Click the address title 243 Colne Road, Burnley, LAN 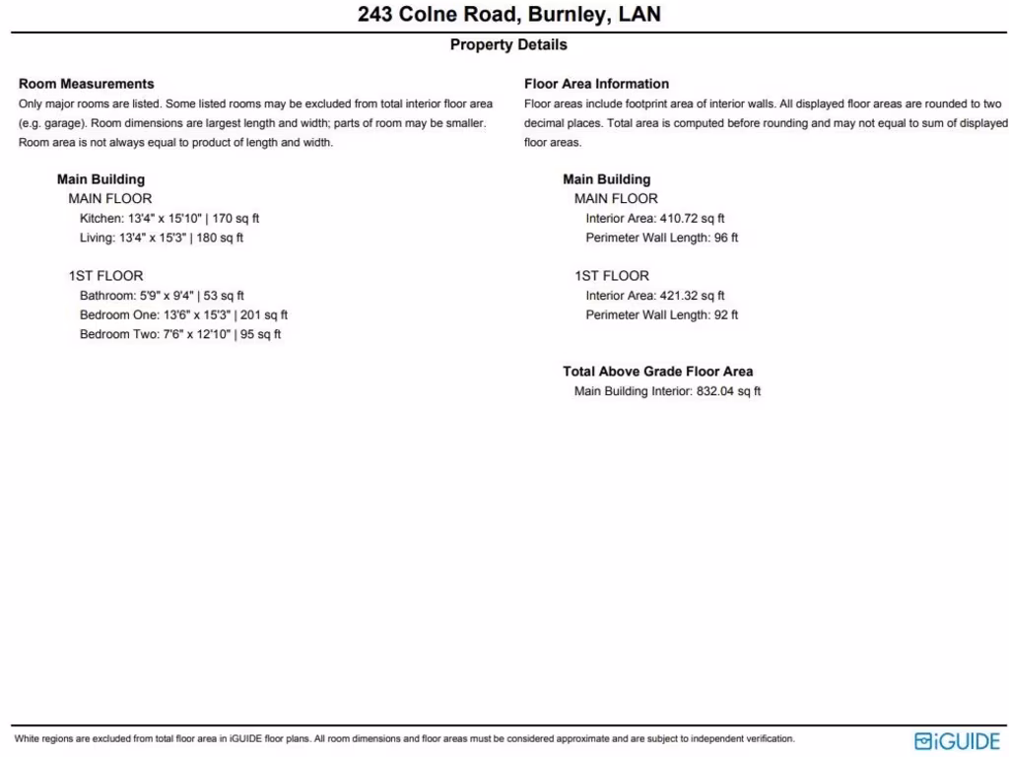point(508,15)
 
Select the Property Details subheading point(508,44)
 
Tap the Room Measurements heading point(87,84)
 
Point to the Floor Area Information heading point(596,84)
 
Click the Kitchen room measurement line point(169,219)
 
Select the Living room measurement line point(162,238)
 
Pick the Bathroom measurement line point(162,296)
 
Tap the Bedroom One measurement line point(183,315)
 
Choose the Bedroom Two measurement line point(180,334)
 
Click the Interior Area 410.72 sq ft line point(655,219)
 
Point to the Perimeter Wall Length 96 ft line point(661,238)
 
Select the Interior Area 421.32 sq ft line point(655,296)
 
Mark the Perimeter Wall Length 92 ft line point(661,315)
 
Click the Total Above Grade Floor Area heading point(657,372)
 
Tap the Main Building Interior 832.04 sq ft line point(667,391)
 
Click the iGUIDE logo point(957,741)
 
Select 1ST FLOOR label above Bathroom point(105,276)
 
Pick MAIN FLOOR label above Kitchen point(110,199)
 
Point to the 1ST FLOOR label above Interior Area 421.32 point(612,276)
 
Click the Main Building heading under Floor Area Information point(606,179)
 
